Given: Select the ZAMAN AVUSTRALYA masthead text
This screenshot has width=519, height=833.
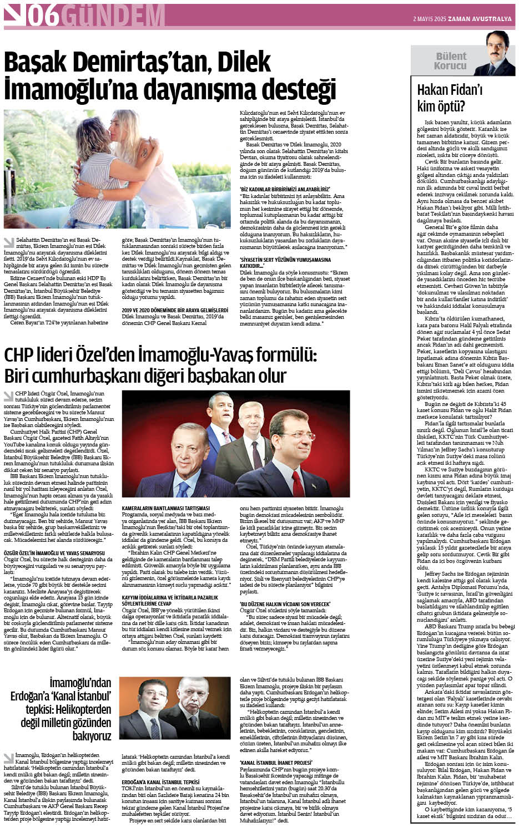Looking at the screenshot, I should [x=481, y=19].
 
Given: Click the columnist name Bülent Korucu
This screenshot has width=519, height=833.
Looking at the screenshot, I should [x=451, y=61].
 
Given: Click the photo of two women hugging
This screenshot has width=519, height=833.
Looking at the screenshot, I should [x=117, y=169].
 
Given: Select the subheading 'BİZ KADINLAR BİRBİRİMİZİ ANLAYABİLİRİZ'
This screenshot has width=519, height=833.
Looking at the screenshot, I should [x=284, y=189].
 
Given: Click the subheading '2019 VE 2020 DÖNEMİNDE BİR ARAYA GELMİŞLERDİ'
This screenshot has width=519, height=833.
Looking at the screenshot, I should [x=175, y=310].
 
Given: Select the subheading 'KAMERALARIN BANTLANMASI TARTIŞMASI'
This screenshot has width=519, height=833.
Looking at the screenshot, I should [x=165, y=508].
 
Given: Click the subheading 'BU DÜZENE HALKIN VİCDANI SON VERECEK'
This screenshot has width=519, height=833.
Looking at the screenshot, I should [x=285, y=603].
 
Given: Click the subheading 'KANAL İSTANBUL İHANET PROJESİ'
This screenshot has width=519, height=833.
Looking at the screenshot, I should [x=276, y=763].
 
